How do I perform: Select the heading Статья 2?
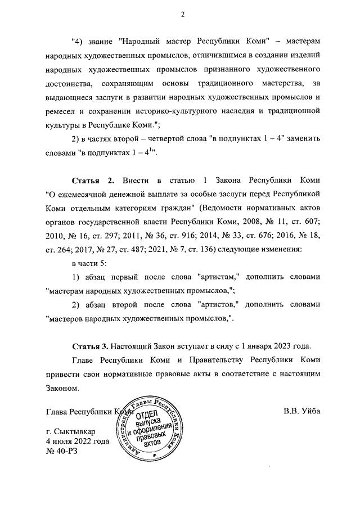(x=93, y=180)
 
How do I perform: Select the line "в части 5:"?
(x=91, y=263)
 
